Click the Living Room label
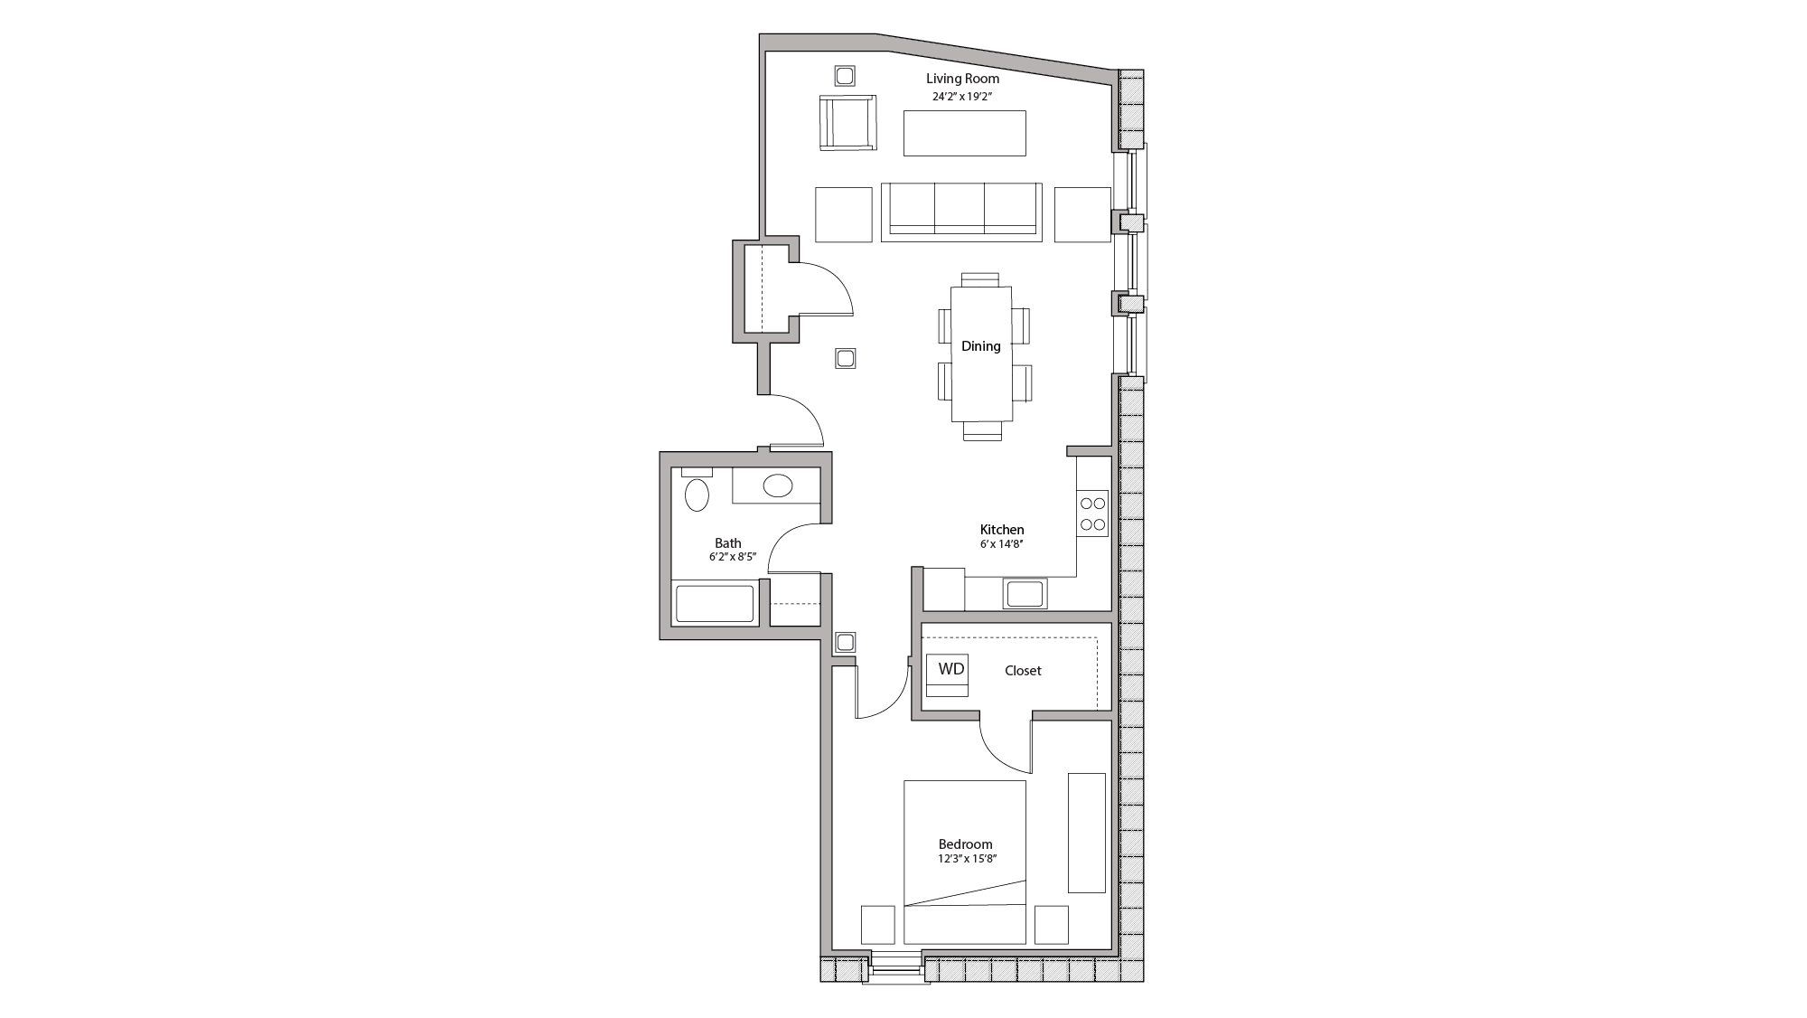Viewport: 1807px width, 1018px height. [962, 79]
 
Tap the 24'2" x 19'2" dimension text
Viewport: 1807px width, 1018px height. [962, 96]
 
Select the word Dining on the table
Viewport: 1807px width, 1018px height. [980, 346]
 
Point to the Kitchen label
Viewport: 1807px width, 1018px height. [1002, 530]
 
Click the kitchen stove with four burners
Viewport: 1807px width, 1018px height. [1092, 514]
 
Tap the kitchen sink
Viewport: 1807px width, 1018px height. [1025, 594]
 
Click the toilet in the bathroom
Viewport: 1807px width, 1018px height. [696, 495]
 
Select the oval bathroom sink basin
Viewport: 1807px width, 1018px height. [777, 486]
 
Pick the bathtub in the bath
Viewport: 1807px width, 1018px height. [715, 604]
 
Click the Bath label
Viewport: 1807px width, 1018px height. [728, 543]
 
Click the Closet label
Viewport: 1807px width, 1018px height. [1023, 671]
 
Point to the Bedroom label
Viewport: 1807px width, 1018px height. [965, 844]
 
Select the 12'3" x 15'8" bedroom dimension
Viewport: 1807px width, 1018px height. [967, 860]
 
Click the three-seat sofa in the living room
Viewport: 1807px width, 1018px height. [960, 212]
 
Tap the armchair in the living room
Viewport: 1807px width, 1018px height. [847, 123]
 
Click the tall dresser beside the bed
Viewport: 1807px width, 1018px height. [1086, 833]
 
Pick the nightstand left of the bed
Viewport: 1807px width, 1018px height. [877, 924]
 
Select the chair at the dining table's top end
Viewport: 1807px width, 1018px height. [980, 279]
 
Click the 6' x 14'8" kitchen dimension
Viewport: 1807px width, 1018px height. [1001, 545]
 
